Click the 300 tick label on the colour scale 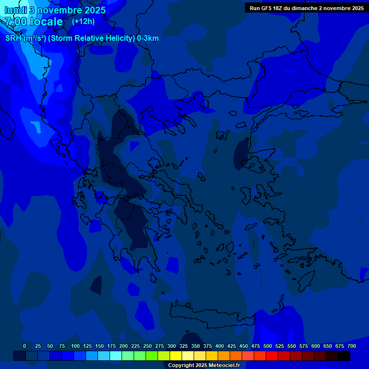pyautogui.click(x=172, y=346)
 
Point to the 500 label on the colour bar pyautogui.click(x=268, y=346)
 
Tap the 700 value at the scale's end pyautogui.click(x=352, y=346)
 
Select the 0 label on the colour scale pyautogui.click(x=25, y=346)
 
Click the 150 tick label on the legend pyautogui.click(x=99, y=346)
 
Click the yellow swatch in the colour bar pyautogui.click(x=176, y=356)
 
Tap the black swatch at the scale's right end pyautogui.click(x=344, y=356)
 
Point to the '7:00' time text pyautogui.click(x=16, y=22)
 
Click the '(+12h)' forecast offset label pyautogui.click(x=83, y=22)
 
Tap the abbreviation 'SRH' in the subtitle pyautogui.click(x=13, y=38)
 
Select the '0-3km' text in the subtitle pyautogui.click(x=148, y=38)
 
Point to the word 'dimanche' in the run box pyautogui.click(x=304, y=8)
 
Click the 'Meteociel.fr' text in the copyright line pyautogui.click(x=225, y=366)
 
